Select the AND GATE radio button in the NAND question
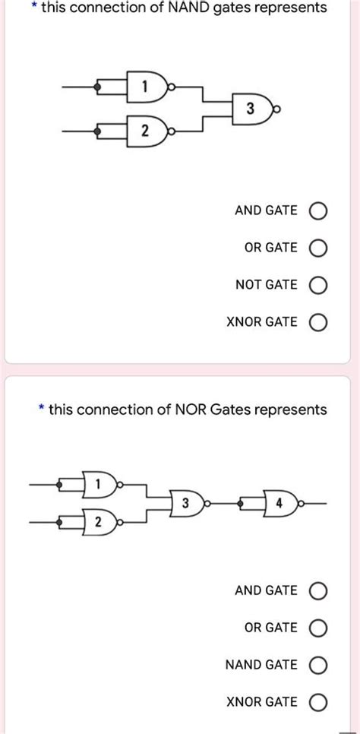pos(318,210)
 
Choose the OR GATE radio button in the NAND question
pos(318,248)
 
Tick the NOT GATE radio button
pos(318,285)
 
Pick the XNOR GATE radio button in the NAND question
pos(318,322)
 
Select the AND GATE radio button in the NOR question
pos(318,590)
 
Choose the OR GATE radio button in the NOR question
pos(318,628)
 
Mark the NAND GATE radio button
pos(318,665)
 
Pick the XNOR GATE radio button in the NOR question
pos(318,702)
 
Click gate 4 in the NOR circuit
pos(279,503)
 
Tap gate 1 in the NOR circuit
pos(99,483)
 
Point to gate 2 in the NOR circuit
pos(99,523)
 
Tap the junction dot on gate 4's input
pos(242,503)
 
